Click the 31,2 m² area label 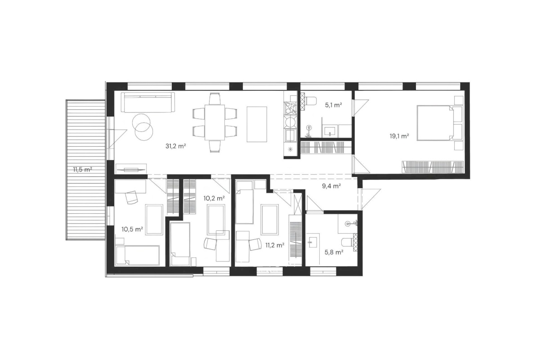click(176, 146)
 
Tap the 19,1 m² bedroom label click(400, 136)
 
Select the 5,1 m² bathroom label click(334, 105)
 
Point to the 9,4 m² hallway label click(331, 186)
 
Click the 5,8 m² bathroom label click(334, 252)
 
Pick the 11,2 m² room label click(275, 245)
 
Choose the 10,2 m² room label click(214, 198)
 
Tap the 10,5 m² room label click(132, 229)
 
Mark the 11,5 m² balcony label click(82, 169)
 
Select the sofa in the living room click(148, 102)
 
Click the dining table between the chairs click(214, 122)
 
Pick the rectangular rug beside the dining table click(257, 124)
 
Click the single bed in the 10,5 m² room click(138, 255)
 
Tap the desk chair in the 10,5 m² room click(132, 198)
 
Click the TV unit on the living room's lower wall click(131, 169)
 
